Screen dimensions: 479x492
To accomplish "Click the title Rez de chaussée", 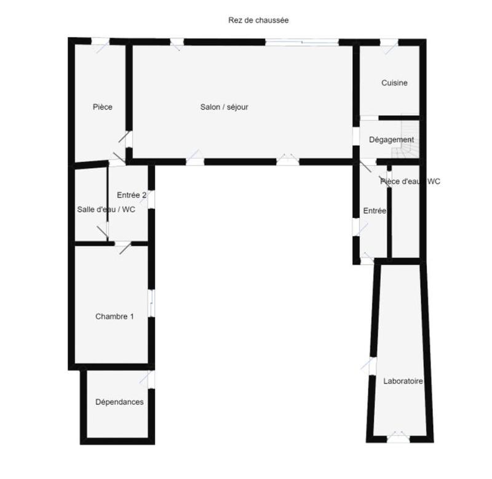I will [x=258, y=20].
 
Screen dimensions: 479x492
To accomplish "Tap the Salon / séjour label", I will [x=224, y=107].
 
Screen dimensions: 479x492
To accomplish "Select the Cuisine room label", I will [x=394, y=83].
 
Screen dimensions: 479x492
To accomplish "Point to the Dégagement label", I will [x=391, y=140].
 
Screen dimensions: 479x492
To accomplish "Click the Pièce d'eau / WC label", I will [x=410, y=182].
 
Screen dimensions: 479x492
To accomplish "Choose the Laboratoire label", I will [x=403, y=381].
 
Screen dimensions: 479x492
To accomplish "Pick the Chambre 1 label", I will [x=114, y=316].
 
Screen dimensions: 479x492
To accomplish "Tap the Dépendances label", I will [x=119, y=402].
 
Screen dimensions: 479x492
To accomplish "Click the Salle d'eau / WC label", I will [x=106, y=209].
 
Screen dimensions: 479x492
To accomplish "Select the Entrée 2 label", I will [x=132, y=195].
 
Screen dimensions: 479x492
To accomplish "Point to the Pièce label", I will [x=103, y=107].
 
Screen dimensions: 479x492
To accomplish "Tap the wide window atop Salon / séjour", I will [x=302, y=42].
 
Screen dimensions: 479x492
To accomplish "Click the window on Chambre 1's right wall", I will [x=151, y=304].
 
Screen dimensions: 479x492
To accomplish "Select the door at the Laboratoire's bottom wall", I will [x=397, y=439].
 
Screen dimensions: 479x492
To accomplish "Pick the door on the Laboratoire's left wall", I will [x=372, y=365].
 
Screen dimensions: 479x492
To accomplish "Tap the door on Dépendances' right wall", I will [x=151, y=379].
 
